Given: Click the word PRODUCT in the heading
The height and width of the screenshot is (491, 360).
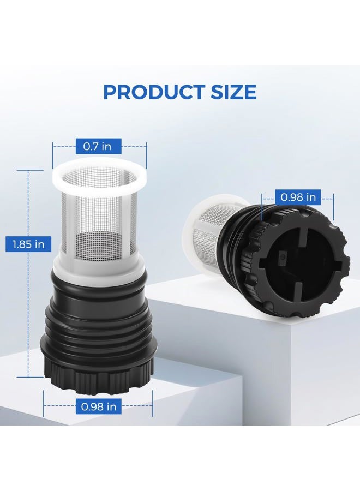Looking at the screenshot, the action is click(x=152, y=92).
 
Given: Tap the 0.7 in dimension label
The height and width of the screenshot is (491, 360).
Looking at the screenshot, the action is click(x=97, y=146).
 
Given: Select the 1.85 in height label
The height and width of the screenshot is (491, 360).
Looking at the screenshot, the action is click(x=28, y=244).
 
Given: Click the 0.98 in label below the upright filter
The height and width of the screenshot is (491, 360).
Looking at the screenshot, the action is click(x=99, y=407).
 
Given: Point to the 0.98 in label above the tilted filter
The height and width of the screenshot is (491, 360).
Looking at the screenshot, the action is click(x=298, y=197).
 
